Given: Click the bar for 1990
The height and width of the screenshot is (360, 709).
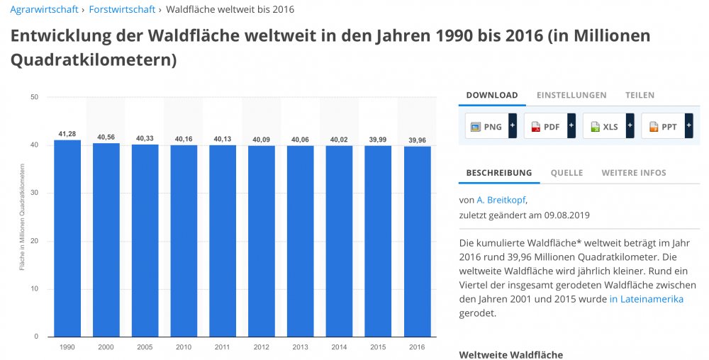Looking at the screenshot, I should pos(67,238).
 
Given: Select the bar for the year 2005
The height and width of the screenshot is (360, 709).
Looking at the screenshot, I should pos(145,240).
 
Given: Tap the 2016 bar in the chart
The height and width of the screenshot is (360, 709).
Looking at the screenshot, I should pos(417,241).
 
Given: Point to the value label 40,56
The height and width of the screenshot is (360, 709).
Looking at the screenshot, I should pos(106,137).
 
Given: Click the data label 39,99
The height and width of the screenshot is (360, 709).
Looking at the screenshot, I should pos(378,140).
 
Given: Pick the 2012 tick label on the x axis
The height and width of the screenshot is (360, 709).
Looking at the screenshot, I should pos(262,347).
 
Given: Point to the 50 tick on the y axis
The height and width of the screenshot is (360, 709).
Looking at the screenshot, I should pos(33,97).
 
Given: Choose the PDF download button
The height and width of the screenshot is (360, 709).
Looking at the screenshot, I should pos(545,126).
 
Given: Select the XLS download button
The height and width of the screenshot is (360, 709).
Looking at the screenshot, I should pos(604,126).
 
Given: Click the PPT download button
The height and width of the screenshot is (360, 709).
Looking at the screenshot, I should pos(663,126).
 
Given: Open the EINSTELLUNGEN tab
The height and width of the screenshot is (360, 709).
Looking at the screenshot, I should pos(571,95).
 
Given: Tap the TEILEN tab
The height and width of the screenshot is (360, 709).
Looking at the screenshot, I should pos(640,95).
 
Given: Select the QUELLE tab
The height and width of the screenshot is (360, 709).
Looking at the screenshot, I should pos(566,172).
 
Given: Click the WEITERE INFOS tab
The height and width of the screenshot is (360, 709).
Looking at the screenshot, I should pos(633,172).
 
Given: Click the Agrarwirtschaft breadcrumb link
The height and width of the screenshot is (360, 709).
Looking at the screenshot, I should pos(44,9).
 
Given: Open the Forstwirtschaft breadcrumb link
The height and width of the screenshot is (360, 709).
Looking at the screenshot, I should pos(122,9).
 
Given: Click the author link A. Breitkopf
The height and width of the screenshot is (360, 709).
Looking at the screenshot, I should pos(501,200).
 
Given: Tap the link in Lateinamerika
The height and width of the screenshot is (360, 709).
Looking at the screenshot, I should pos(646,299).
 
